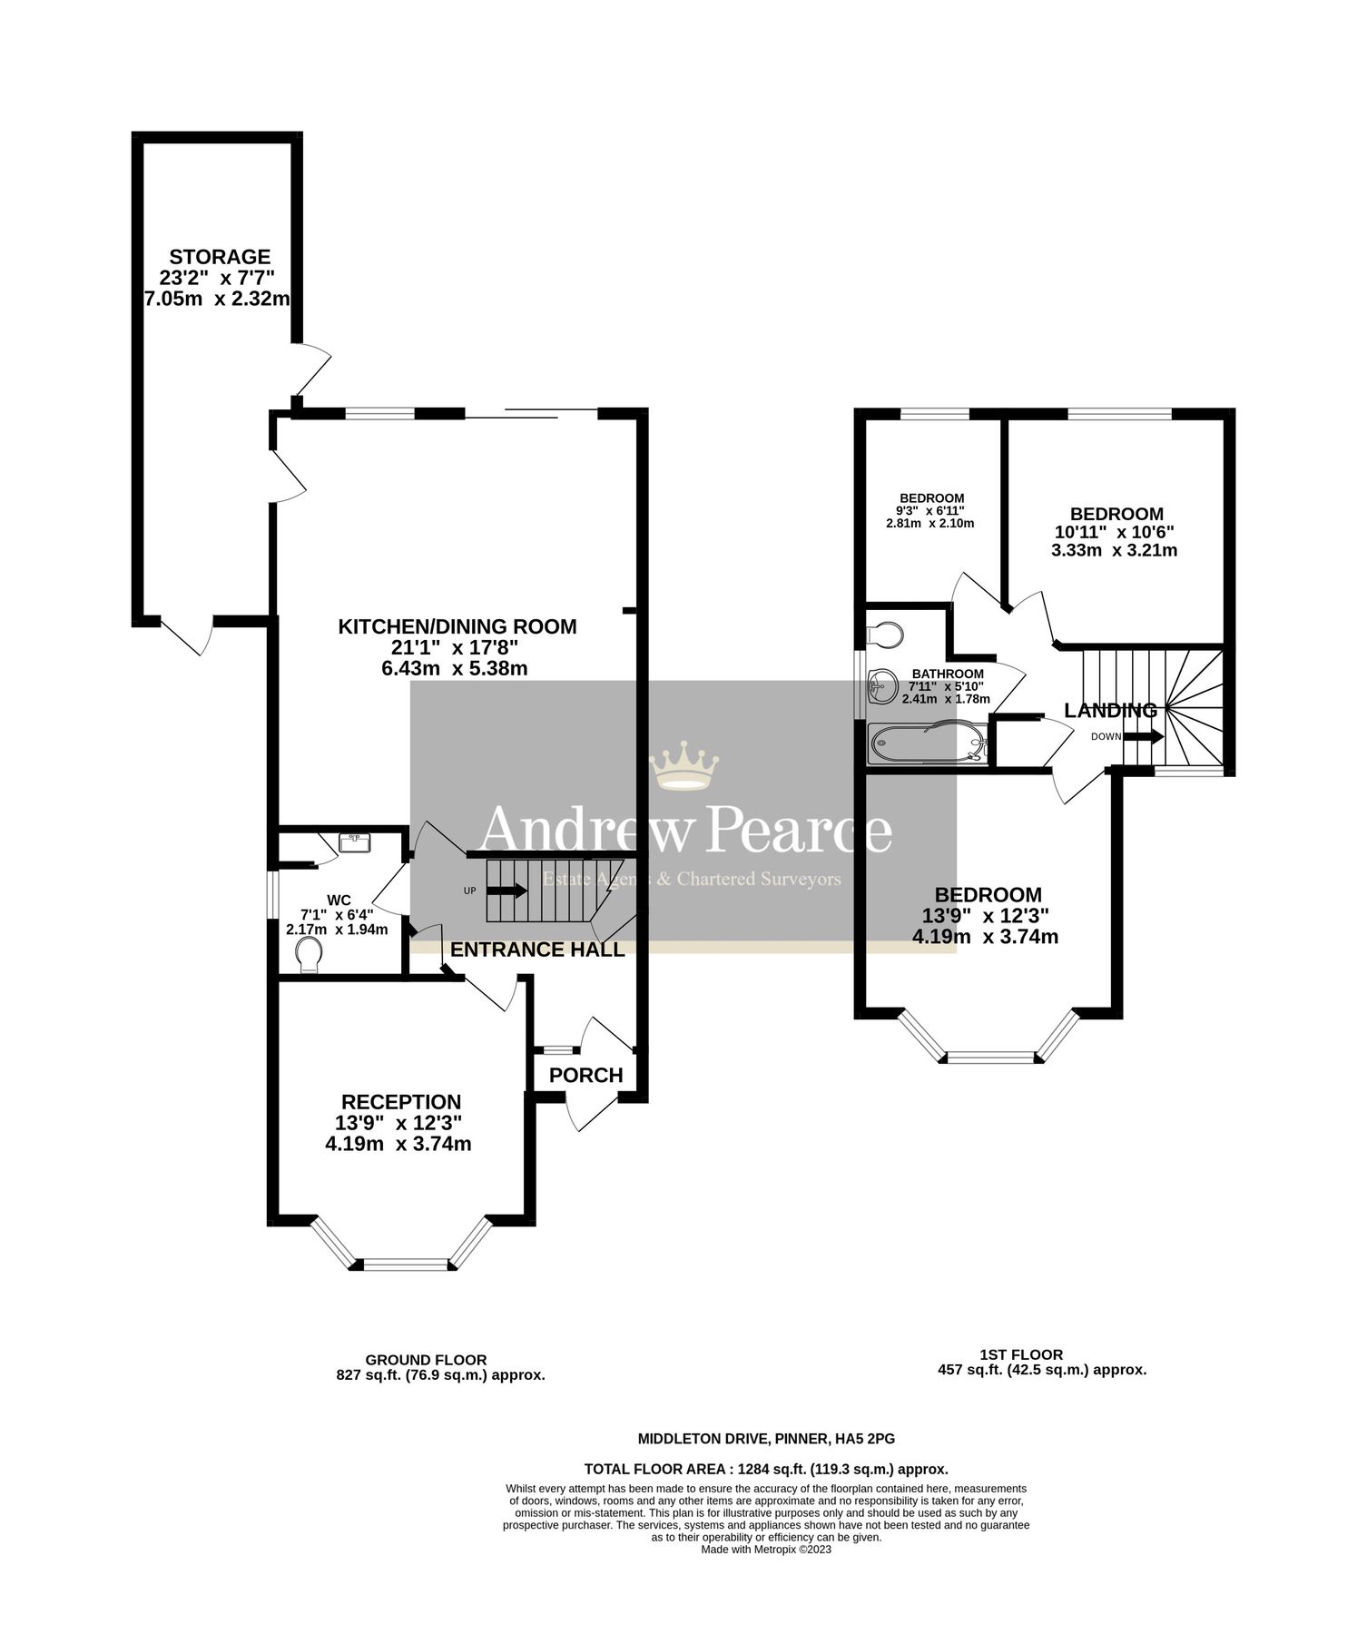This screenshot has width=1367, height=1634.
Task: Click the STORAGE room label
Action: [220, 257]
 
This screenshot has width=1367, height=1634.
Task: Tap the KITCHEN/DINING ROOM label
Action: [457, 626]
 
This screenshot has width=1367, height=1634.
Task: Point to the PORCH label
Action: [586, 1075]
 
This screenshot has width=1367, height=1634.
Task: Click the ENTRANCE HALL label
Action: [537, 950]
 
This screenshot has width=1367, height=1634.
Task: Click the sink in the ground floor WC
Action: [354, 843]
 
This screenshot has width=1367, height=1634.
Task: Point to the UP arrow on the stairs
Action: [506, 891]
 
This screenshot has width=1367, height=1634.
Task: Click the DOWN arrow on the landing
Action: [1144, 736]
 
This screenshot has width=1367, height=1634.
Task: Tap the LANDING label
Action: [1110, 711]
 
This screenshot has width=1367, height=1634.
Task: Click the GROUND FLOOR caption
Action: [426, 1360]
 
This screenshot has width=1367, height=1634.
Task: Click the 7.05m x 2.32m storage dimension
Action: [218, 299]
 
